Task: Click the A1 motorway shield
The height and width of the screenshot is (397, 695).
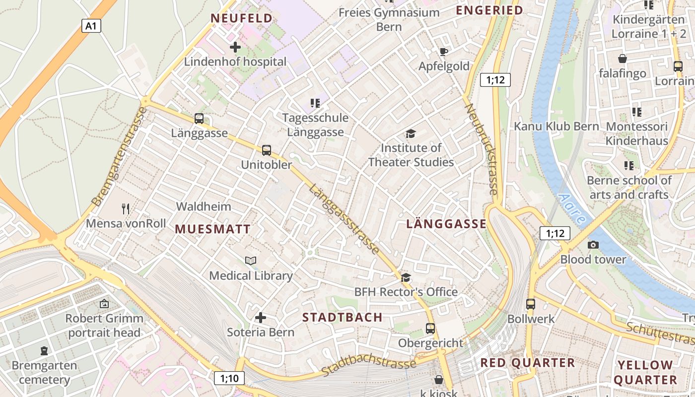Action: click(x=91, y=26)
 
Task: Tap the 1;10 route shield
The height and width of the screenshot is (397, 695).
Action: click(x=229, y=379)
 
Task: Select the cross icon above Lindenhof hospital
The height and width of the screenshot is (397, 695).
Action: click(x=235, y=48)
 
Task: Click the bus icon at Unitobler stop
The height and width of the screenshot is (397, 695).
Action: click(x=267, y=150)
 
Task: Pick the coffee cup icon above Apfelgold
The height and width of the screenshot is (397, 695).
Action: click(x=444, y=52)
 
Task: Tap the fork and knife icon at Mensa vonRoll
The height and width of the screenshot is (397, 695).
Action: click(x=126, y=209)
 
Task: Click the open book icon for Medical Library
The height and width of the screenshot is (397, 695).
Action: click(x=251, y=261)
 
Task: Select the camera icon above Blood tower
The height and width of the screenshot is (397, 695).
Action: click(x=593, y=245)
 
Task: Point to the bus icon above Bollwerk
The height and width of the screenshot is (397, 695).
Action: click(x=531, y=304)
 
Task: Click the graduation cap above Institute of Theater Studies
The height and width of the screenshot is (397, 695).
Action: click(x=411, y=133)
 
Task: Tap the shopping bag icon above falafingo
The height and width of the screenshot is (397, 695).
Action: click(x=623, y=59)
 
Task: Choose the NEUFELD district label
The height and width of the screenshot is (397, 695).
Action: click(x=242, y=18)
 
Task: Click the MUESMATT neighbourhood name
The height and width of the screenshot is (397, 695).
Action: click(x=212, y=229)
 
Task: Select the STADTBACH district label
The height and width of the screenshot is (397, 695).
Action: click(x=343, y=317)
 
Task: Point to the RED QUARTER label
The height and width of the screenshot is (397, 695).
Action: click(x=527, y=363)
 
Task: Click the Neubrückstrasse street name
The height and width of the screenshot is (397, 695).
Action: click(x=481, y=149)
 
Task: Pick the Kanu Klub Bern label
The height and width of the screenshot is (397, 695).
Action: click(x=556, y=126)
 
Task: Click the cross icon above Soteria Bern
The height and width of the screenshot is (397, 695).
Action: click(x=261, y=318)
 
